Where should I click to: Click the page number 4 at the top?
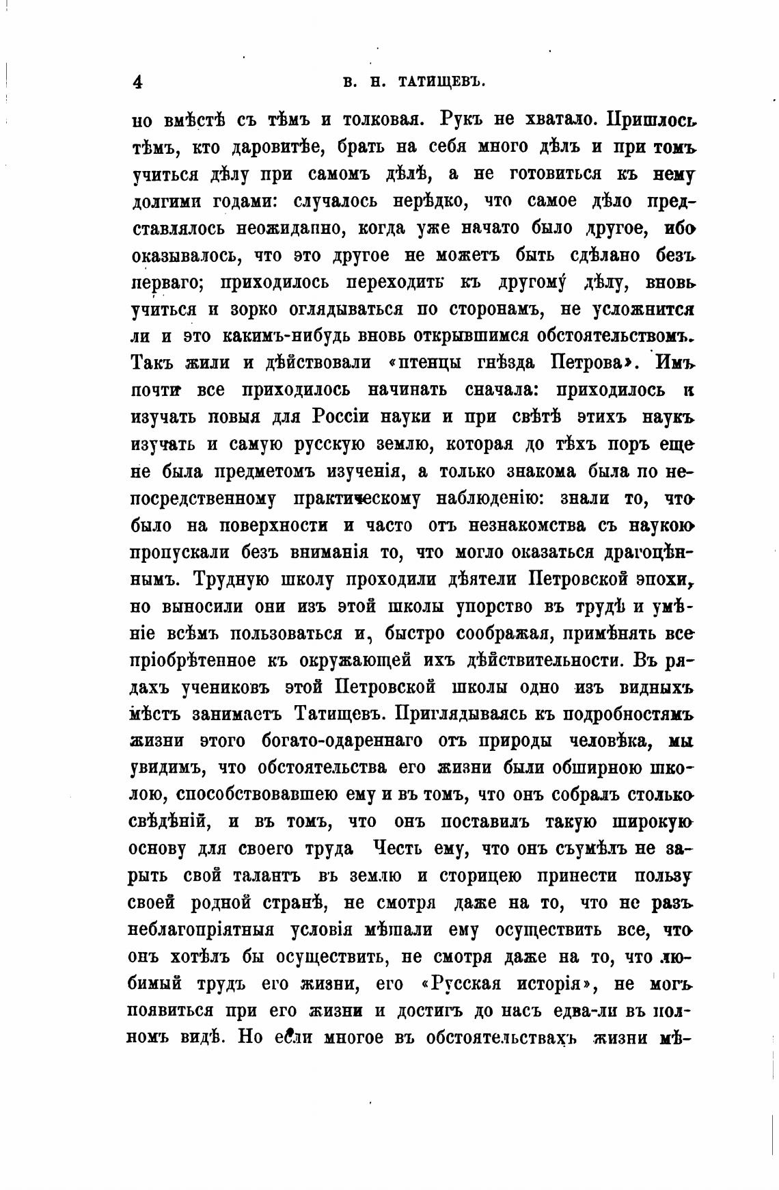coord(137,82)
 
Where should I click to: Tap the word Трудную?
coord(235,579)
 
